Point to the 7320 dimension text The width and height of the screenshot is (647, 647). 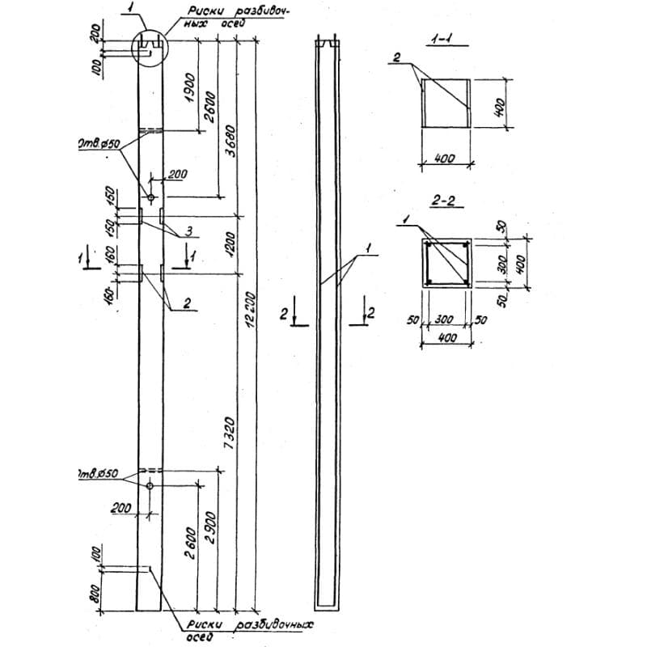pos(231,424)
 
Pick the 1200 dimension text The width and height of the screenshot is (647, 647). pos(230,242)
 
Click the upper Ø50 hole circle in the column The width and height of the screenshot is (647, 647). pos(151,197)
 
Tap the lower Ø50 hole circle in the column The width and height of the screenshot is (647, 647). pos(150,485)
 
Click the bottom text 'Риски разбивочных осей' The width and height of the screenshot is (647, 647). pos(243,630)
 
